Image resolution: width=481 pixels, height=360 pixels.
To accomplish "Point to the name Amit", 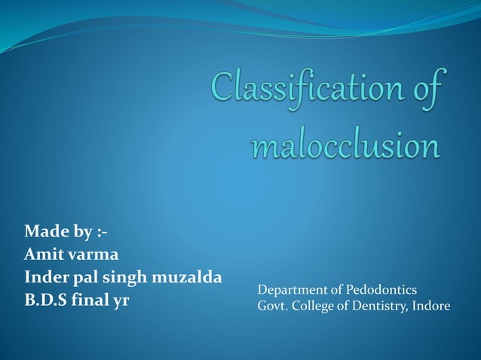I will [x=44, y=253].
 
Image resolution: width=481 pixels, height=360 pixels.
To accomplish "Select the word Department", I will [x=291, y=290].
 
